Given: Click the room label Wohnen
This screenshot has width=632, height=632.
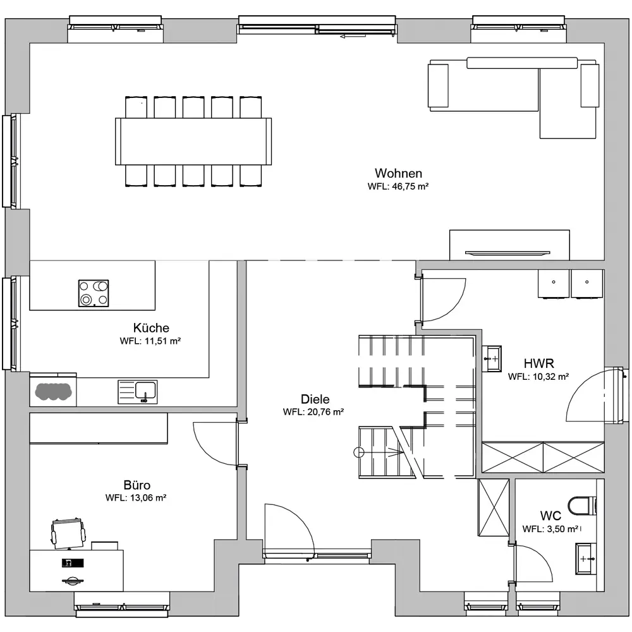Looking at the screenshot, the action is (x=398, y=173).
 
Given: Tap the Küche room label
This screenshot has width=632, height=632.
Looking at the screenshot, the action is (x=151, y=327).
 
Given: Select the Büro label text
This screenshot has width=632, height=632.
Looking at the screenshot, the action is (x=137, y=485).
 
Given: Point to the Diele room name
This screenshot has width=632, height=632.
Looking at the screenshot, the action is (x=315, y=399).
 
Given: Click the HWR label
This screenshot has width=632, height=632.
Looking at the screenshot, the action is (x=539, y=363).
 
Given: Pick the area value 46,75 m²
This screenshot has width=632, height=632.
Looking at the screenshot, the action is (x=410, y=186).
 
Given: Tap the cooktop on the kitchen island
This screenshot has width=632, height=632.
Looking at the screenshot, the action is (x=94, y=293).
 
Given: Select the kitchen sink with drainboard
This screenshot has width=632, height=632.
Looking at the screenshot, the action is (x=137, y=392).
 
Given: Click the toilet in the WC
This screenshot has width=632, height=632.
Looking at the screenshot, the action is (x=582, y=506).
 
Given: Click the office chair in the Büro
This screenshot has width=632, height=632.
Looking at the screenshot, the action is (x=68, y=533).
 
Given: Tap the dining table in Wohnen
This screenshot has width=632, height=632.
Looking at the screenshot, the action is (x=193, y=142).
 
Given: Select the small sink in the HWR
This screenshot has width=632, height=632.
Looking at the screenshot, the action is (x=492, y=358).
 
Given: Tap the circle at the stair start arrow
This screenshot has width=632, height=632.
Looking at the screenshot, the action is (x=358, y=453).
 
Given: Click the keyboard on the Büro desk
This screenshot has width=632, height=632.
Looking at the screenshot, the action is (x=73, y=562).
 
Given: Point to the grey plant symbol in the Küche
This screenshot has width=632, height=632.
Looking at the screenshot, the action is (x=53, y=391).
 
